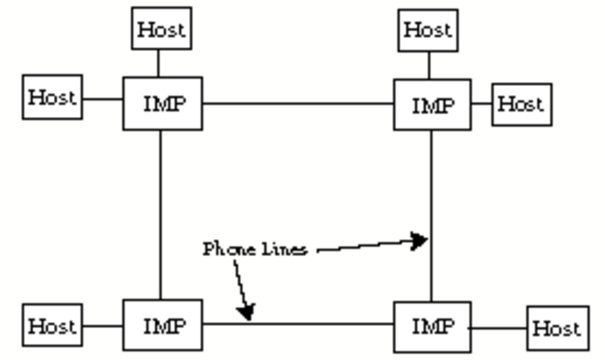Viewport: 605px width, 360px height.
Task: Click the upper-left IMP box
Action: (x=162, y=104)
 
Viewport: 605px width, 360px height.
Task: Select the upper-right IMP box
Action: (x=432, y=104)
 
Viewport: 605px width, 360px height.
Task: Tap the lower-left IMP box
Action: (x=162, y=326)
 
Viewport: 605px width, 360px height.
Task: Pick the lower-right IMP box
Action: (x=432, y=327)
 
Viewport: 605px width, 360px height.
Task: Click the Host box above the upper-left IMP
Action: (x=161, y=29)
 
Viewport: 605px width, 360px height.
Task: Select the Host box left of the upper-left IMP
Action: (x=52, y=97)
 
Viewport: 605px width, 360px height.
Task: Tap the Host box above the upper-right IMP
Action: (x=428, y=29)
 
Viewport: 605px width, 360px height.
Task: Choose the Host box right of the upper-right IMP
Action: (x=520, y=104)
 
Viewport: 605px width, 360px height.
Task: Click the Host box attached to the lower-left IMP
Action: (x=51, y=327)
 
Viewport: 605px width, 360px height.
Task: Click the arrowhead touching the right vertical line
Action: (x=419, y=241)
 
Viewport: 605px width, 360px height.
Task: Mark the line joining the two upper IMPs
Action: (x=298, y=103)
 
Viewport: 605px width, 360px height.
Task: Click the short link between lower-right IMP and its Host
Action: (x=498, y=328)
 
